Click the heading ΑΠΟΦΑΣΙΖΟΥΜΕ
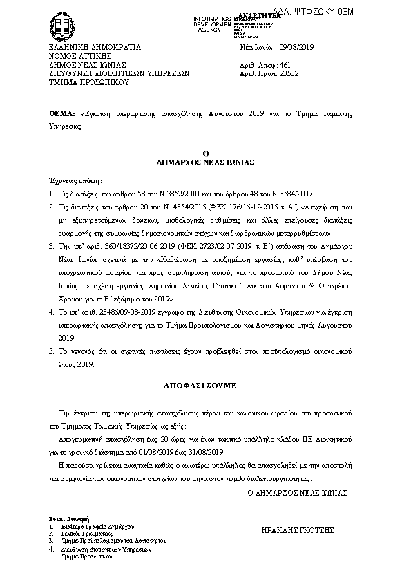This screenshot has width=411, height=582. pos(204,382)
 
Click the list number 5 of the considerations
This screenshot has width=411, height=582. pos(51,351)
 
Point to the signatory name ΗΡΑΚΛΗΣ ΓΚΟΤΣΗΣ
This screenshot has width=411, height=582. pos(298,529)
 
